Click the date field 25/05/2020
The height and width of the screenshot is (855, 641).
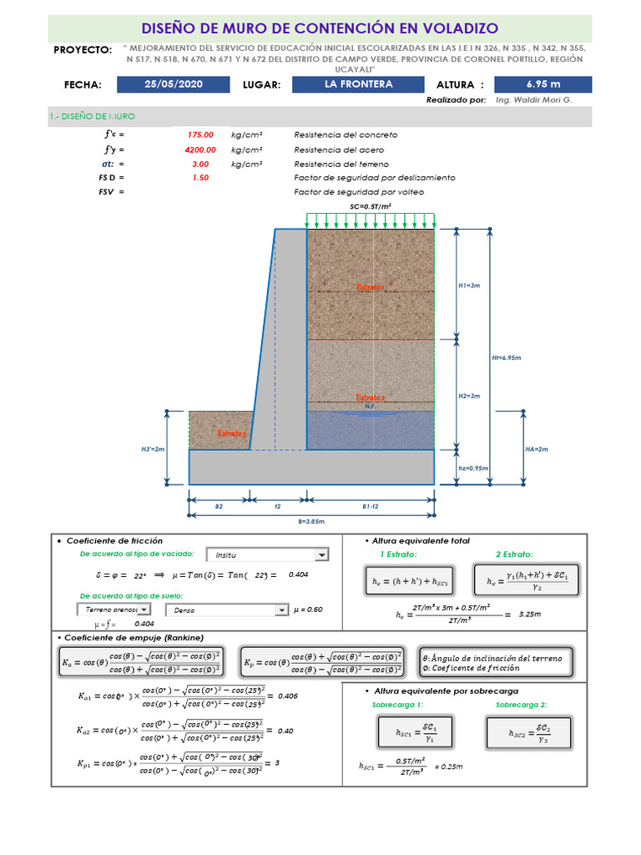coord(174,84)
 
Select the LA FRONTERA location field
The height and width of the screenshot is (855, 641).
coord(359,84)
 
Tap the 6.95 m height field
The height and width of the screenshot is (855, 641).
coord(543,84)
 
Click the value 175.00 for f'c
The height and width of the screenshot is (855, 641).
coord(200,134)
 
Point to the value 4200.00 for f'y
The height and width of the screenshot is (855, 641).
coord(200,149)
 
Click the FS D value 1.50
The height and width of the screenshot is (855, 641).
coord(200,178)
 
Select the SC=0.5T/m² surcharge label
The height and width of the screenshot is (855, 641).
coord(371,205)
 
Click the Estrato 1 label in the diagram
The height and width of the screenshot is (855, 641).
coord(371,287)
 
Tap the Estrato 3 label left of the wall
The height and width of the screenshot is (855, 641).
coord(232,434)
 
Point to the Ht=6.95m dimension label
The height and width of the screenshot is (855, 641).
coord(506,357)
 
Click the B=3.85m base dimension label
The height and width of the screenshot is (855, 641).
coord(311,521)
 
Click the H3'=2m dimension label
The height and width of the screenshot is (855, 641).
coord(153,449)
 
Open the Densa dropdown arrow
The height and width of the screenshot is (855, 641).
coord(280,610)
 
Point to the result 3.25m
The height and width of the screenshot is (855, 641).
coord(530,615)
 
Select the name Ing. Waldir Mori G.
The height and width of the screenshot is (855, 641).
coord(534,99)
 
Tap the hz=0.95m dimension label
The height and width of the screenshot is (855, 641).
coord(472,468)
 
